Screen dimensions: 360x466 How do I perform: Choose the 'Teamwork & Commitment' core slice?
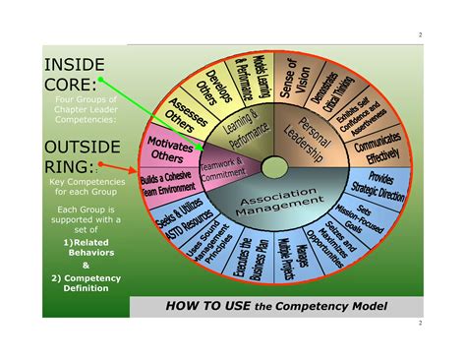pyautogui.click(x=222, y=169)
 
